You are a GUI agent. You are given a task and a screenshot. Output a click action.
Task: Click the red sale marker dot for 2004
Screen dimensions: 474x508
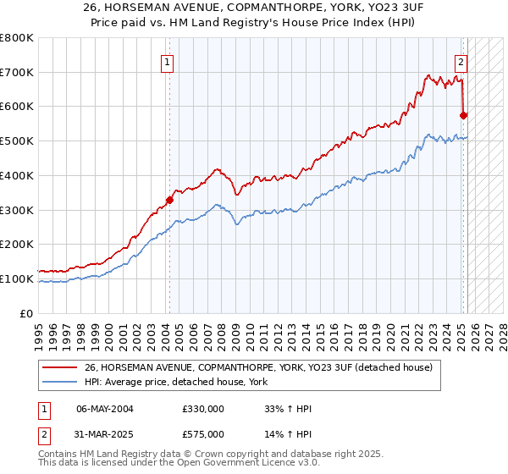tap(169, 200)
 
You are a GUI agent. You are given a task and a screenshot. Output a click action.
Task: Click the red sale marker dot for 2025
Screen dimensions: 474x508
tap(463, 115)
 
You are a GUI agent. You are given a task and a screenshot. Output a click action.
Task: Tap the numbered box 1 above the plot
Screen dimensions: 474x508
tap(168, 62)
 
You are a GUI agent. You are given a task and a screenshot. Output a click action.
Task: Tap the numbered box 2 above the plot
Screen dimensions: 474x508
tap(461, 62)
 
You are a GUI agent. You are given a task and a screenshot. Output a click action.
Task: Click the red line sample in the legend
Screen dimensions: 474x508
tap(60, 367)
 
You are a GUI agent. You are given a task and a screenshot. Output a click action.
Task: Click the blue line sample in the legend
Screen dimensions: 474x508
tap(60, 382)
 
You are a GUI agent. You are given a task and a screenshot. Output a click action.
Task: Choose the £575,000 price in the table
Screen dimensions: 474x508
tap(203, 434)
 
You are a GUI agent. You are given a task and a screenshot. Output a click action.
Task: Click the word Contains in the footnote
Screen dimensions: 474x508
tap(58, 455)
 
